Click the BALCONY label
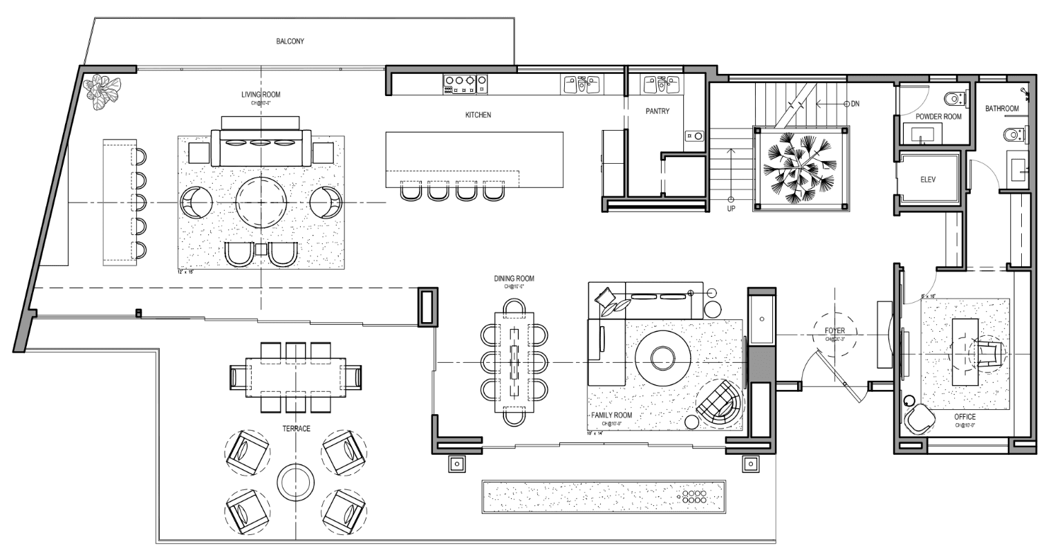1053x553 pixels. pos(290,41)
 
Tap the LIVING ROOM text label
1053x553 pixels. pos(261,95)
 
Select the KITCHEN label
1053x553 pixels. pos(478,115)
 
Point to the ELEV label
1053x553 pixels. pos(928,180)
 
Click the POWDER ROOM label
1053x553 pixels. pos(938,118)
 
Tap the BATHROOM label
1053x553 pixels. pos(1002,109)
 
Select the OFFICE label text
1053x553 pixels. pos(965,418)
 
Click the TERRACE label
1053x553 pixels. pos(295,429)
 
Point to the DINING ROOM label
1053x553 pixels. pos(514,279)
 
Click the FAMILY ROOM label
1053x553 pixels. pos(611,415)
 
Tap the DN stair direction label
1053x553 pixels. pos(855,104)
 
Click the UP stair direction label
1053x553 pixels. pos(731,208)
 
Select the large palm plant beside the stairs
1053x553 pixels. pos(800,167)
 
